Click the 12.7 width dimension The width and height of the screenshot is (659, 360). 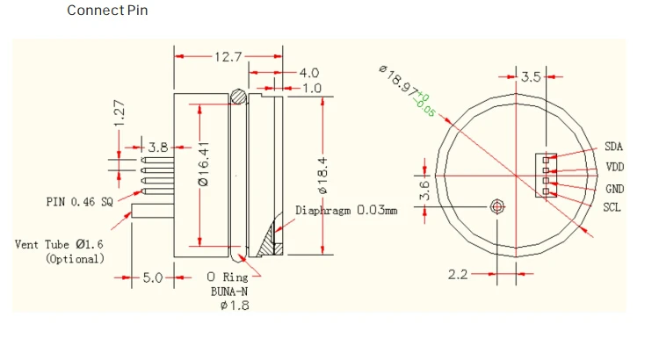[x=228, y=56]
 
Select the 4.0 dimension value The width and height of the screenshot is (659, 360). [x=308, y=73]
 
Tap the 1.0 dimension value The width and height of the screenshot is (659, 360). [x=312, y=89]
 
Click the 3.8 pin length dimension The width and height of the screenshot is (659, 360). [x=158, y=148]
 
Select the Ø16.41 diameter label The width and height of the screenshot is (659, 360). [x=203, y=164]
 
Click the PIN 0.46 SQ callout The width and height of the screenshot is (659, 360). [x=80, y=201]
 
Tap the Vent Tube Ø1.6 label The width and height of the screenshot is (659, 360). [x=60, y=244]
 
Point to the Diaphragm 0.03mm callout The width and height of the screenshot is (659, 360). [x=346, y=211]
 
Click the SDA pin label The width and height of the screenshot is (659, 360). [x=613, y=147]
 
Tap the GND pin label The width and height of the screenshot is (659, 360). [x=613, y=189]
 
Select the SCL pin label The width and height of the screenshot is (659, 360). [x=612, y=208]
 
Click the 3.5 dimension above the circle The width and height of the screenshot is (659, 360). [x=531, y=77]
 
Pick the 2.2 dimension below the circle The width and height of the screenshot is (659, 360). [x=458, y=274]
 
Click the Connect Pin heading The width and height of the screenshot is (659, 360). [x=107, y=11]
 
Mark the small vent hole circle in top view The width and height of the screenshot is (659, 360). [x=498, y=206]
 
